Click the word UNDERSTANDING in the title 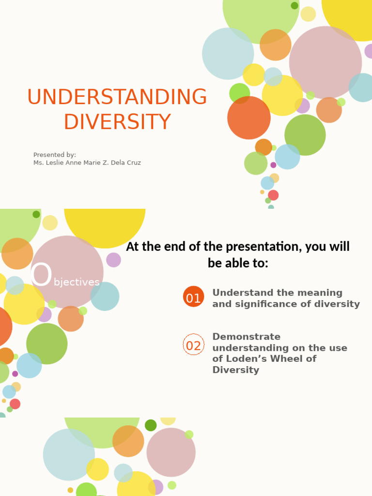click(x=117, y=97)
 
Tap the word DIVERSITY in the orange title click(x=117, y=122)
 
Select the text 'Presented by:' click(x=54, y=155)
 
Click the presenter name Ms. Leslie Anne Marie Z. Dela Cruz click(x=87, y=163)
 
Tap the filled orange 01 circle click(x=193, y=297)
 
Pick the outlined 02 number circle click(x=193, y=344)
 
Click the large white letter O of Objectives click(x=41, y=275)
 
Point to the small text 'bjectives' click(x=77, y=282)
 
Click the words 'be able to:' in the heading click(x=237, y=263)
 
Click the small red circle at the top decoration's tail click(x=273, y=195)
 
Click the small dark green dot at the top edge click(x=294, y=5)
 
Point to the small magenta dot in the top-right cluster click(x=273, y=165)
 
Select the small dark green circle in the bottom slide click(x=151, y=425)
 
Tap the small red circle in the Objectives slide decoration click(x=15, y=404)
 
